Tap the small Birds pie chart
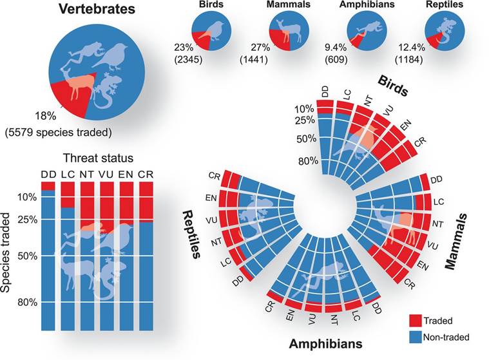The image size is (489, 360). tap(211, 32)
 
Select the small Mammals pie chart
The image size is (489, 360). tap(289, 32)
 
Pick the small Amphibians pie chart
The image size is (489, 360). tap(367, 32)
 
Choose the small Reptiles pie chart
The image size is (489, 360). tap(445, 32)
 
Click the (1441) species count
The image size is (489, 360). tap(253, 60)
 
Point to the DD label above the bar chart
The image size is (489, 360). tap(48, 173)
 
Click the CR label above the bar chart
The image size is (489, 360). tap(146, 173)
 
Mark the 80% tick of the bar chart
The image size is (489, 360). tap(28, 302)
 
